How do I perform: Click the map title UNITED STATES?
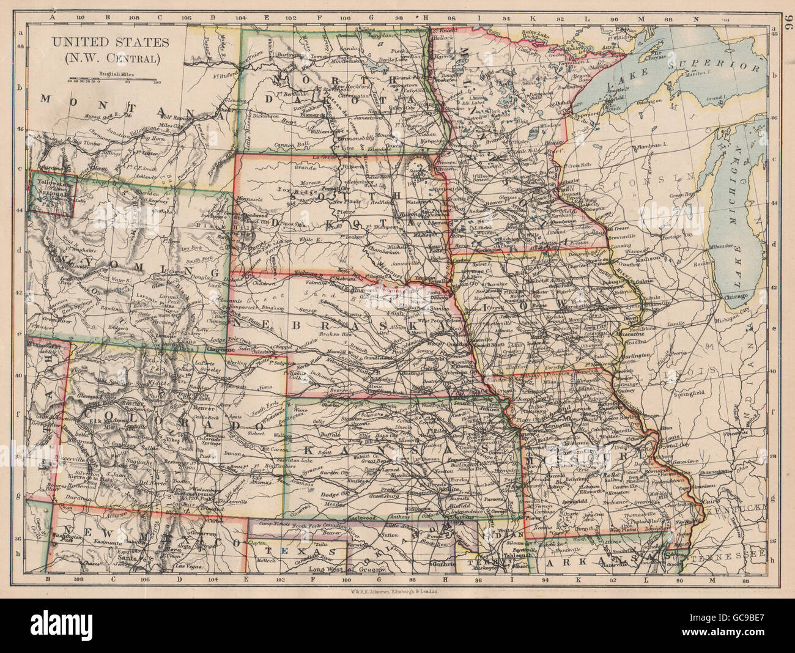tap(103, 42)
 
